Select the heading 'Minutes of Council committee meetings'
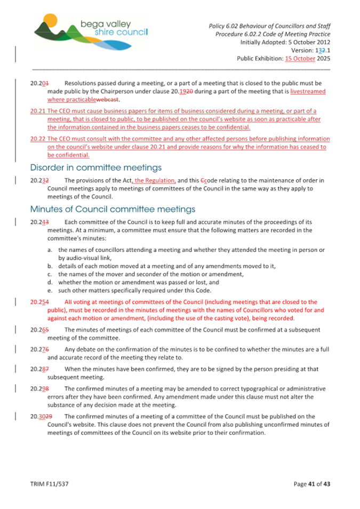pyautogui.click(x=106, y=208)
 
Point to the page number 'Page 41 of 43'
pyautogui.click(x=312, y=484)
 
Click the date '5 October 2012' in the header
pyautogui.click(x=306, y=42)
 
